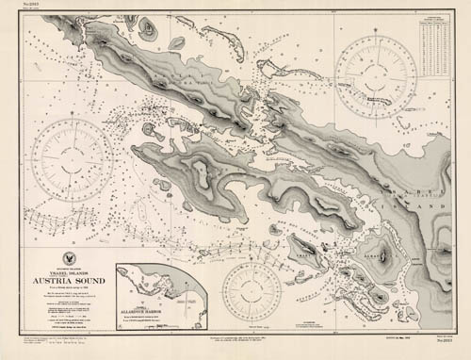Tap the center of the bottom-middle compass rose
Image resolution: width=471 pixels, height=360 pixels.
pyautogui.click(x=252, y=291)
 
